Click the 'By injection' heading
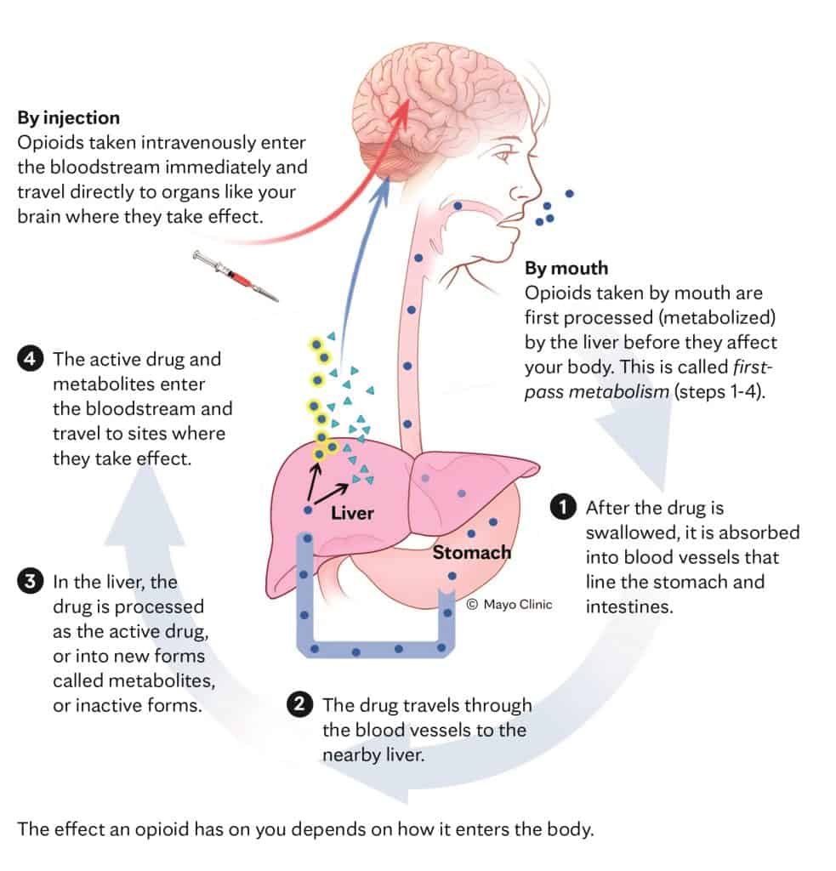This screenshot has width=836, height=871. point(69,117)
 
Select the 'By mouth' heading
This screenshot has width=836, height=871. point(566,268)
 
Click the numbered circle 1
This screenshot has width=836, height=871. point(562,506)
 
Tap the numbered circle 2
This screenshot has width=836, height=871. point(299,704)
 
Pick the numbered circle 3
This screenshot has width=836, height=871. point(29,582)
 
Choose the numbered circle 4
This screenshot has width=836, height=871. point(29,359)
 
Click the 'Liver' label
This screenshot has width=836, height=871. point(352,513)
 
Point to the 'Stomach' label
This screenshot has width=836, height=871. point(472,552)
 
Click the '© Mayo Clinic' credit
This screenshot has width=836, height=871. point(509,604)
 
